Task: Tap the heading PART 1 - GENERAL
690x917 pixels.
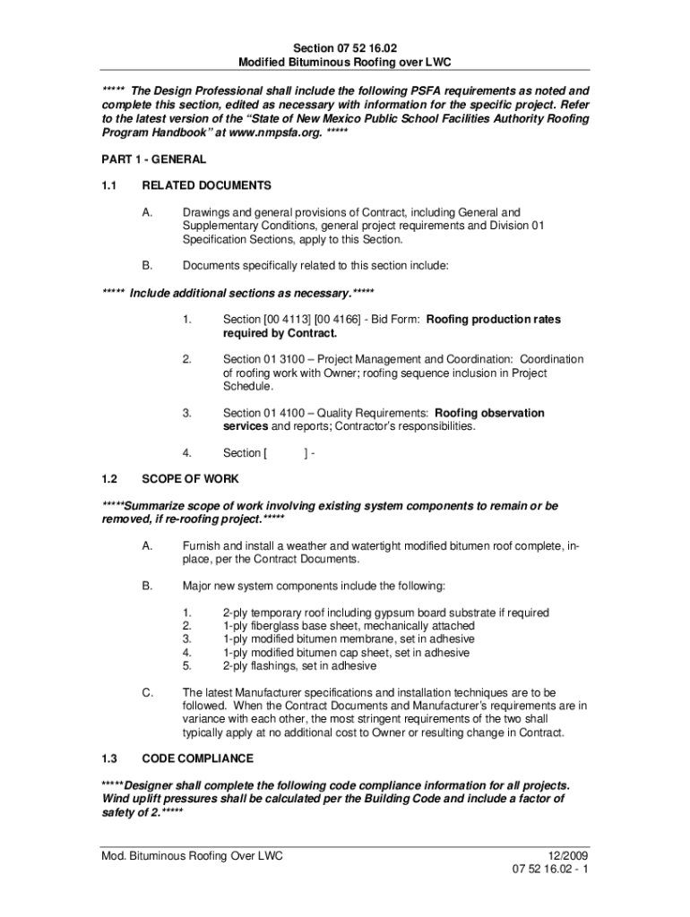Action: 154,159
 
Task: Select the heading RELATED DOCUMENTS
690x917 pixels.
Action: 206,185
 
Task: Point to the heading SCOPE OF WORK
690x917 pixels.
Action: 190,479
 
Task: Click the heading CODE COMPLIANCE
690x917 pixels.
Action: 197,758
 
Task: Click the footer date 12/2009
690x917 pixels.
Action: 567,856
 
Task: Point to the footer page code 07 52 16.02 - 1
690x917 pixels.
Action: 550,870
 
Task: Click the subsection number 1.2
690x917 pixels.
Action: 110,479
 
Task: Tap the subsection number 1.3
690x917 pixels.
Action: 110,758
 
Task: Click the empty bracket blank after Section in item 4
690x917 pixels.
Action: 285,453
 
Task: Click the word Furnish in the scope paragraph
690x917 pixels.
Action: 203,545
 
